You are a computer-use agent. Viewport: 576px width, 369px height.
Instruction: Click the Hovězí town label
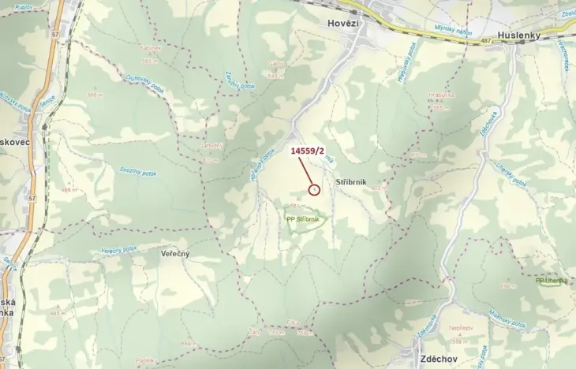point(342,24)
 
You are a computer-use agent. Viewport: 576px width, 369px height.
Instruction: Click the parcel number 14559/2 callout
point(308,150)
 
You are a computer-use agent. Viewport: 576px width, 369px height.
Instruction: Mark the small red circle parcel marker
point(314,189)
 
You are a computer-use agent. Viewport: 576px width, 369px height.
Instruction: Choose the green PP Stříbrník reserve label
point(303,219)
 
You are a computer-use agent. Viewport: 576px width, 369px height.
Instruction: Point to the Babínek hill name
point(150,47)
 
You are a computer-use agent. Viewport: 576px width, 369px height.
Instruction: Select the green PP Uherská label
point(550,280)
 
